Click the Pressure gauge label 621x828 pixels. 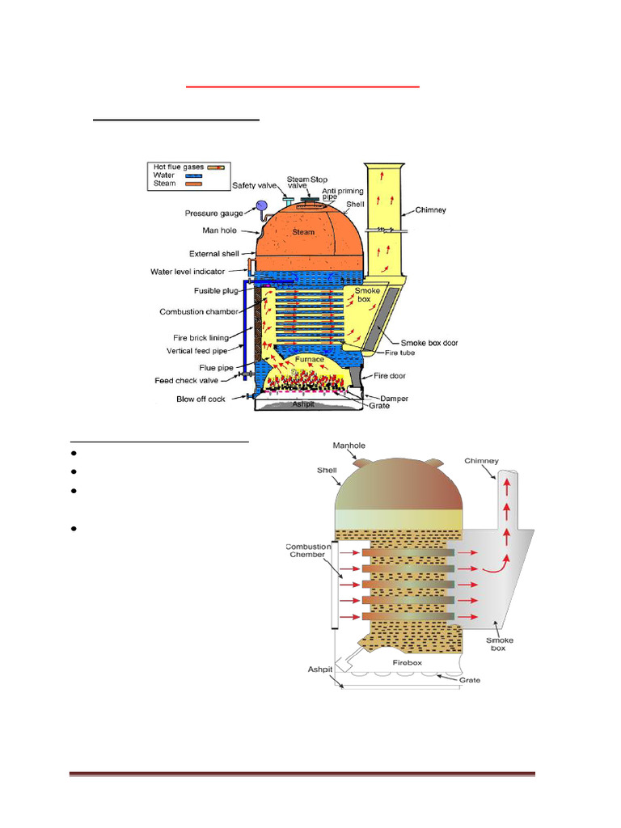[213, 214]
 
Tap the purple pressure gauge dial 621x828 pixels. [261, 206]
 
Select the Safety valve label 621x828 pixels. [256, 185]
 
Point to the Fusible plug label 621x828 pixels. [216, 291]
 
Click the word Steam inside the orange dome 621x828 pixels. [303, 232]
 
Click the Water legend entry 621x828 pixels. [164, 175]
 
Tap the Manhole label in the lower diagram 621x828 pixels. [350, 446]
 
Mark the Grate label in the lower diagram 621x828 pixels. [469, 680]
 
